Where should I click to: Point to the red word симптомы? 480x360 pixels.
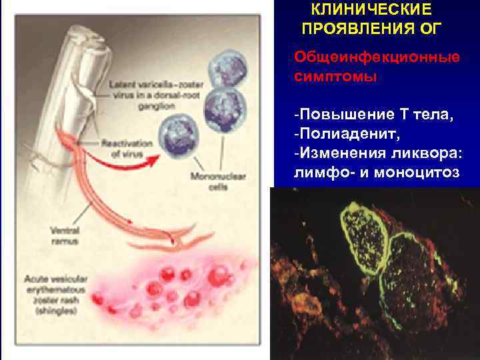click(x=335, y=76)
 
